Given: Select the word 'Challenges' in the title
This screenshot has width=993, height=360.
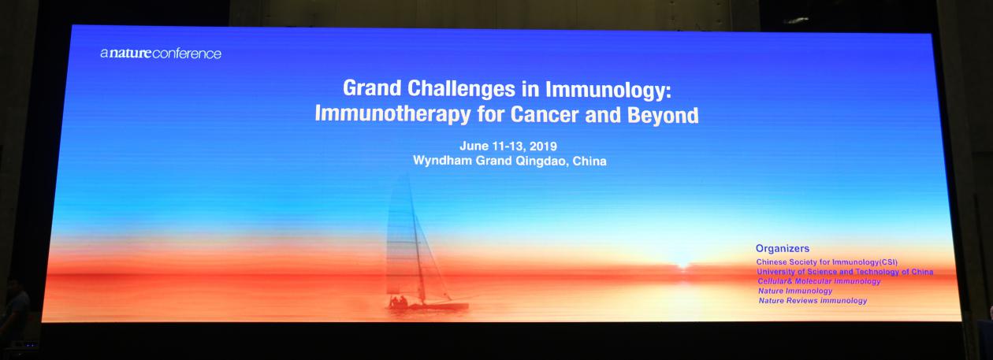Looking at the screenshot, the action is (461, 89).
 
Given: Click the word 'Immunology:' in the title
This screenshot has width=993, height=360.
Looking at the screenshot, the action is (608, 90).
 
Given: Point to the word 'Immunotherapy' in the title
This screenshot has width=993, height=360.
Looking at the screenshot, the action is (392, 114).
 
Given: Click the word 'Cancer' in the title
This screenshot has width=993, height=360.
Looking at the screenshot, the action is (545, 114).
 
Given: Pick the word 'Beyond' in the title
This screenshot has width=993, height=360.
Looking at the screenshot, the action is (664, 115).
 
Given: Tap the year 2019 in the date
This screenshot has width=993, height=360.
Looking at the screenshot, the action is (543, 146).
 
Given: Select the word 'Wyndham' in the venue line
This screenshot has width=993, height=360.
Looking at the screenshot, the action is (442, 160).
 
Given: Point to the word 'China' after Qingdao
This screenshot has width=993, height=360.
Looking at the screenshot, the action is (589, 161).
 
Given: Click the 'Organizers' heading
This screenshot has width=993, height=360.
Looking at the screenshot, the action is (783, 248).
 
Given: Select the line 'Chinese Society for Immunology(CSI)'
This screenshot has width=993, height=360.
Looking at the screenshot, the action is (827, 262).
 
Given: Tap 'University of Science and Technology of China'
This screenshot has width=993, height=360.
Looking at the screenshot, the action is (845, 272).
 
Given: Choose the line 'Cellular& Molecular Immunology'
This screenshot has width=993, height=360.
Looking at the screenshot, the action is (820, 281).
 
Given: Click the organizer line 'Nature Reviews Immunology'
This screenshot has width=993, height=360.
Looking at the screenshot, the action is (813, 300).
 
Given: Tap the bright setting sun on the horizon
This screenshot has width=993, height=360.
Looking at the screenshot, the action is (682, 265).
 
